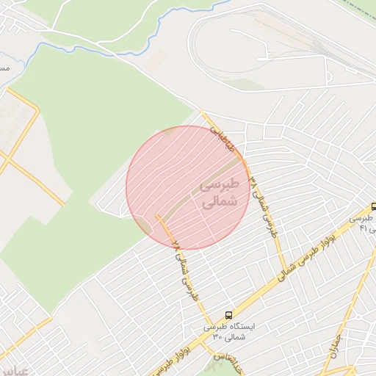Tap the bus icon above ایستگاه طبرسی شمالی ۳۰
[x=230, y=314]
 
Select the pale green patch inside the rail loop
[x=250, y=84]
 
